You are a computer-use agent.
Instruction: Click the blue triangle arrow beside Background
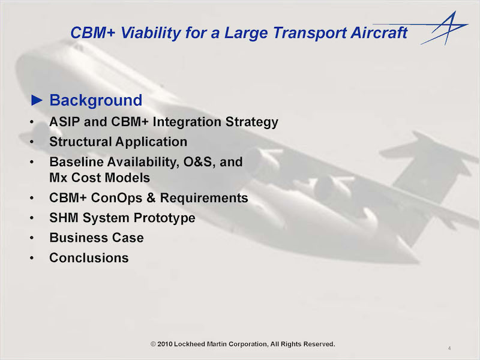tap(37, 100)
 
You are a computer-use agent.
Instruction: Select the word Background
tap(96, 100)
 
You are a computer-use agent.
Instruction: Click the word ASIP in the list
tap(64, 122)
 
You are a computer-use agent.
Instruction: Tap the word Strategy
tap(251, 122)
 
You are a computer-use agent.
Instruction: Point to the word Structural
tap(80, 142)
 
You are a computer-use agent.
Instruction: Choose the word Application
tap(151, 142)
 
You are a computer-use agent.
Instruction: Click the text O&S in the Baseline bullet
tap(199, 162)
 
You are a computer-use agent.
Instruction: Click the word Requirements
tap(204, 198)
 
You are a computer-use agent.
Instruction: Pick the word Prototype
tap(164, 218)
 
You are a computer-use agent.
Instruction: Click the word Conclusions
tap(89, 258)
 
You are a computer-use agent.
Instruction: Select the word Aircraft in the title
tap(379, 32)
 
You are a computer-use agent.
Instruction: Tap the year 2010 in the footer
tap(165, 344)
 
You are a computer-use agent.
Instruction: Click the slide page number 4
tap(449, 348)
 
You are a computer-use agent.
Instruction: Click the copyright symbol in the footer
tap(154, 344)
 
